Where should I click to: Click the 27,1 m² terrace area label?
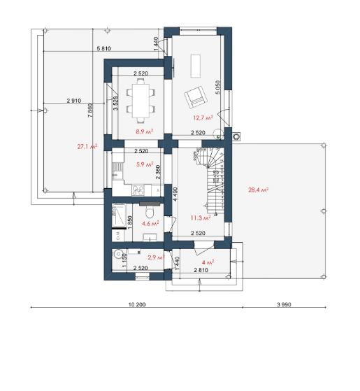[87, 146]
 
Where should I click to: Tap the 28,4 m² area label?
[258, 190]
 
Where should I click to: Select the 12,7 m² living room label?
[203, 118]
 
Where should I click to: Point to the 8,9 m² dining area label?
[144, 131]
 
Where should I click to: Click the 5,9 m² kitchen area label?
[145, 164]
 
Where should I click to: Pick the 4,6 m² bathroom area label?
[150, 223]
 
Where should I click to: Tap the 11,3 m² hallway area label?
[201, 218]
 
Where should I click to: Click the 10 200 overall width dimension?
[137, 304]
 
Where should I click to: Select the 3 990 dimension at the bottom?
[284, 304]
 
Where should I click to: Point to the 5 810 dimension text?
[103, 48]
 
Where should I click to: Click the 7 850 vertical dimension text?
[90, 111]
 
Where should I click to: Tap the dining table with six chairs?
[141, 101]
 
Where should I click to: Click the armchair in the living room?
[196, 97]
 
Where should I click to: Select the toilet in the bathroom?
[150, 211]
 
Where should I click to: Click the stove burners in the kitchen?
[138, 190]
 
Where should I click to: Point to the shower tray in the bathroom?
[119, 215]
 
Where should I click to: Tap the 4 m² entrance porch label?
[208, 262]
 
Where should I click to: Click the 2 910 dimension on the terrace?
[73, 101]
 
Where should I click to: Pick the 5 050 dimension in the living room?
[217, 87]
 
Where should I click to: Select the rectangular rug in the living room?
[196, 66]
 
